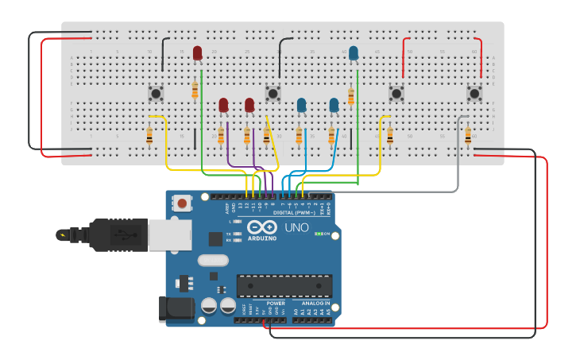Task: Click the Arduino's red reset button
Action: point(183,203)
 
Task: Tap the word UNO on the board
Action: point(296,229)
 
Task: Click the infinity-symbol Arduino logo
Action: point(262,226)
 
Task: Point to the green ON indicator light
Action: point(318,234)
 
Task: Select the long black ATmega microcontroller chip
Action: point(284,286)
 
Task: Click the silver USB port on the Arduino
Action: point(169,234)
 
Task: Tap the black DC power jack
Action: point(176,308)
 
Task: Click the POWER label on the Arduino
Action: point(276,303)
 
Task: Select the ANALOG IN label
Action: point(315,303)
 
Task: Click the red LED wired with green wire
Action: point(197,53)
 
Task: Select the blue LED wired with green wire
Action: point(354,53)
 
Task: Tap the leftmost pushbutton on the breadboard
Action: point(156,94)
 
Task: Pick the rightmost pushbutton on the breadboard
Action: point(474,94)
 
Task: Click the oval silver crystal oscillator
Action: point(213,260)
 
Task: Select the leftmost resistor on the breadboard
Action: point(149,137)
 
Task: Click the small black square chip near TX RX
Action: point(215,238)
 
